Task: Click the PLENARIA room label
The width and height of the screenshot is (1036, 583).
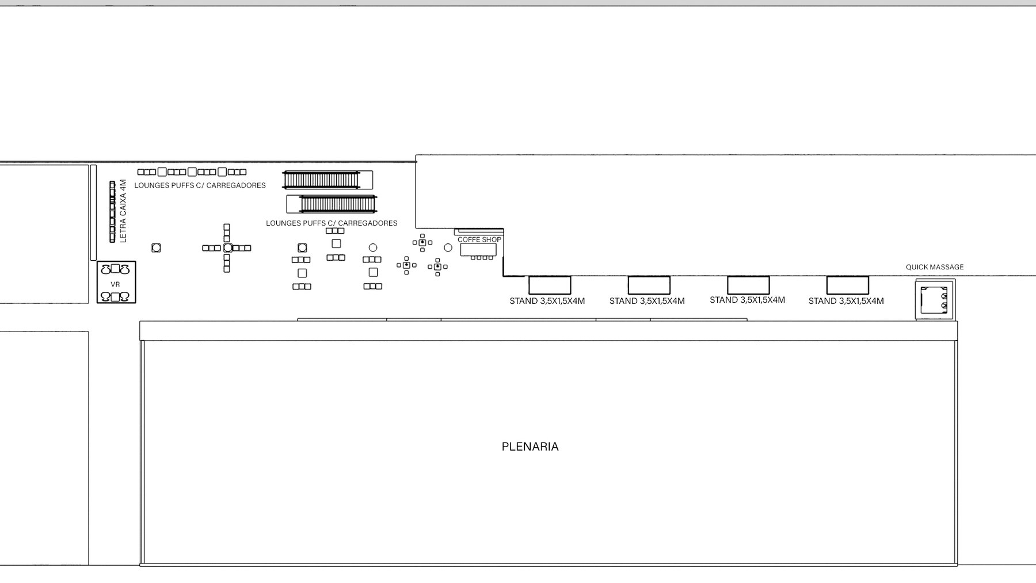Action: click(530, 447)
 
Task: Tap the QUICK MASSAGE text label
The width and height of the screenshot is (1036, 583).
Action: click(935, 267)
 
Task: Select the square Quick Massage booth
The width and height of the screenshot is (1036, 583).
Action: click(935, 300)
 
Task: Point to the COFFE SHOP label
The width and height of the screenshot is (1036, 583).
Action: click(479, 239)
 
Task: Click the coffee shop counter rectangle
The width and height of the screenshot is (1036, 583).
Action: click(478, 250)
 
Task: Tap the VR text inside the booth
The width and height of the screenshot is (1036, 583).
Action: click(115, 284)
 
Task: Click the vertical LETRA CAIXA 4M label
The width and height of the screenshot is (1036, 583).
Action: click(123, 211)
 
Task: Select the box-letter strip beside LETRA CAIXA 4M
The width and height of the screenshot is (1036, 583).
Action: click(112, 211)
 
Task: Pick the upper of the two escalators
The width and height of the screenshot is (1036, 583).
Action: click(327, 180)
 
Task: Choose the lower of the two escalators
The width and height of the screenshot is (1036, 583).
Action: click(332, 204)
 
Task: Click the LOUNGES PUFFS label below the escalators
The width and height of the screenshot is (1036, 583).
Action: click(332, 223)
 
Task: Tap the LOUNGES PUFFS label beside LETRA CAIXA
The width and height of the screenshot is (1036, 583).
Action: click(200, 185)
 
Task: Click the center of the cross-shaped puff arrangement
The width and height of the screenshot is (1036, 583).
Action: click(227, 248)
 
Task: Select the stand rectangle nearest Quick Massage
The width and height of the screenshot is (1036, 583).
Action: click(847, 285)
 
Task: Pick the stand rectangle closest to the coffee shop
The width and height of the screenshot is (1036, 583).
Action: click(550, 285)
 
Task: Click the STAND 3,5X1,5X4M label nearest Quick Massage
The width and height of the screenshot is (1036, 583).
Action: click(846, 301)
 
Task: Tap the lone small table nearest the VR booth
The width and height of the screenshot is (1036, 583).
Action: click(156, 248)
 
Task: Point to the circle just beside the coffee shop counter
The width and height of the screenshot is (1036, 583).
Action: click(448, 247)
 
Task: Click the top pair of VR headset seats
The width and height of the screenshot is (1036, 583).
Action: click(115, 269)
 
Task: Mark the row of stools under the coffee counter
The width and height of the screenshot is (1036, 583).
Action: click(482, 258)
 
